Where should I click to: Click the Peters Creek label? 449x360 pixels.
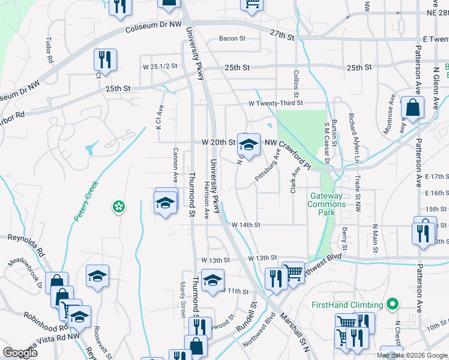coord(86,202)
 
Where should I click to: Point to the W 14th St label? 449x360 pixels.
coord(247,224)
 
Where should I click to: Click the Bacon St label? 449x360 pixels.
coord(232,38)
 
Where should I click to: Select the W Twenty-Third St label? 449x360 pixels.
coord(276,103)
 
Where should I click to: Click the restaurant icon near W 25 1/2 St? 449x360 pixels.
coord(104,60)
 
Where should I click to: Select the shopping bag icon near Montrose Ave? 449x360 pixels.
coord(412,109)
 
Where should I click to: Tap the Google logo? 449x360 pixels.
coord(20,353)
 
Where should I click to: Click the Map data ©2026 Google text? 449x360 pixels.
coord(412,355)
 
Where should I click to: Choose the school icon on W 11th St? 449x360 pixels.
coord(212,280)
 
